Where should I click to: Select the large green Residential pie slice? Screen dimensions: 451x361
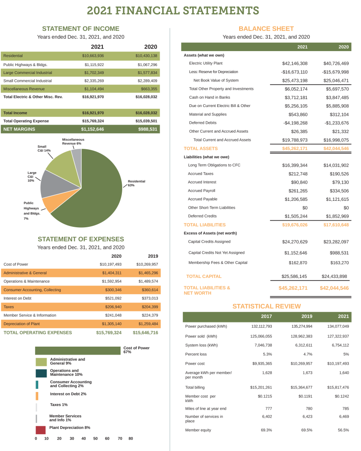tap(95, 194)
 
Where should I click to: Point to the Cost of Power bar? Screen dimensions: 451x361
tap(77, 350)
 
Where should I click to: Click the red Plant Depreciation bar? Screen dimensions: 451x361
tap(40, 430)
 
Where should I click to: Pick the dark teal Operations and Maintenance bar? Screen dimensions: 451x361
tap(41, 373)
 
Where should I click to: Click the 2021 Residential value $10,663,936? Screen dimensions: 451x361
tap(93, 56)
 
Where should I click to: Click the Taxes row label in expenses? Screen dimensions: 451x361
tap(9, 307)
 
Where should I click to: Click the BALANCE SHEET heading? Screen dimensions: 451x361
tap(266, 29)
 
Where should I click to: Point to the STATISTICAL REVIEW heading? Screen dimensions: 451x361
tap(266, 306)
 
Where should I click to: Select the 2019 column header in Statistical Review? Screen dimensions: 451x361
tap(307, 317)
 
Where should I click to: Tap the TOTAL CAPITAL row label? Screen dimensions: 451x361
tap(204, 277)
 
